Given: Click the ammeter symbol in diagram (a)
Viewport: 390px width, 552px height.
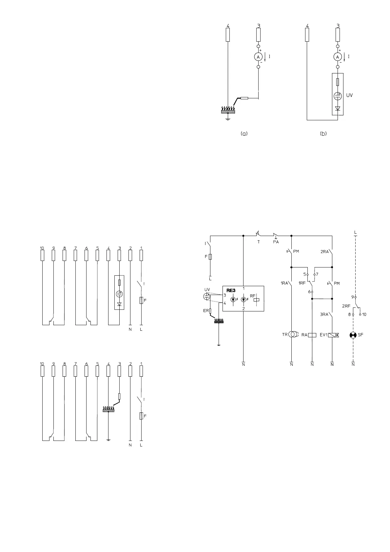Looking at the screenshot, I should pos(258,57).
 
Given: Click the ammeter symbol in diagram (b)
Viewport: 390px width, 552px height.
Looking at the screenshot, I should pos(337,57).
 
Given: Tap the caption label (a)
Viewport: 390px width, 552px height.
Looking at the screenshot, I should pos(244,134).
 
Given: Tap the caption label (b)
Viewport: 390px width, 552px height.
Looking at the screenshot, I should pos(323,134).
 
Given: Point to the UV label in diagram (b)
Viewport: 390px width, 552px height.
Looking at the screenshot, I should pos(349,95).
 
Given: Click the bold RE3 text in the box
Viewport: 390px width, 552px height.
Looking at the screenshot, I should pos(231,290).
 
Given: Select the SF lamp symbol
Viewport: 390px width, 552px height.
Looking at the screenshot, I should pos(353,335).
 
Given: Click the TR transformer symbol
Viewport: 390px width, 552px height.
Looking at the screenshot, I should pos(293,335).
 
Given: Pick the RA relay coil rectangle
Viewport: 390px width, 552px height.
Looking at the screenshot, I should pos(312,335).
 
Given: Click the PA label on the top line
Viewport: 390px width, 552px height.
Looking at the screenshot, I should pos(276,242).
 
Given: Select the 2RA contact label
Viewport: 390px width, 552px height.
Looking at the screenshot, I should pos(324,252).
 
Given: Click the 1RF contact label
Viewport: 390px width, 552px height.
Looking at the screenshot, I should pos(302,283).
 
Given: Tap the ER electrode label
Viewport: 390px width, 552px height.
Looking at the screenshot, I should pos(206,310).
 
